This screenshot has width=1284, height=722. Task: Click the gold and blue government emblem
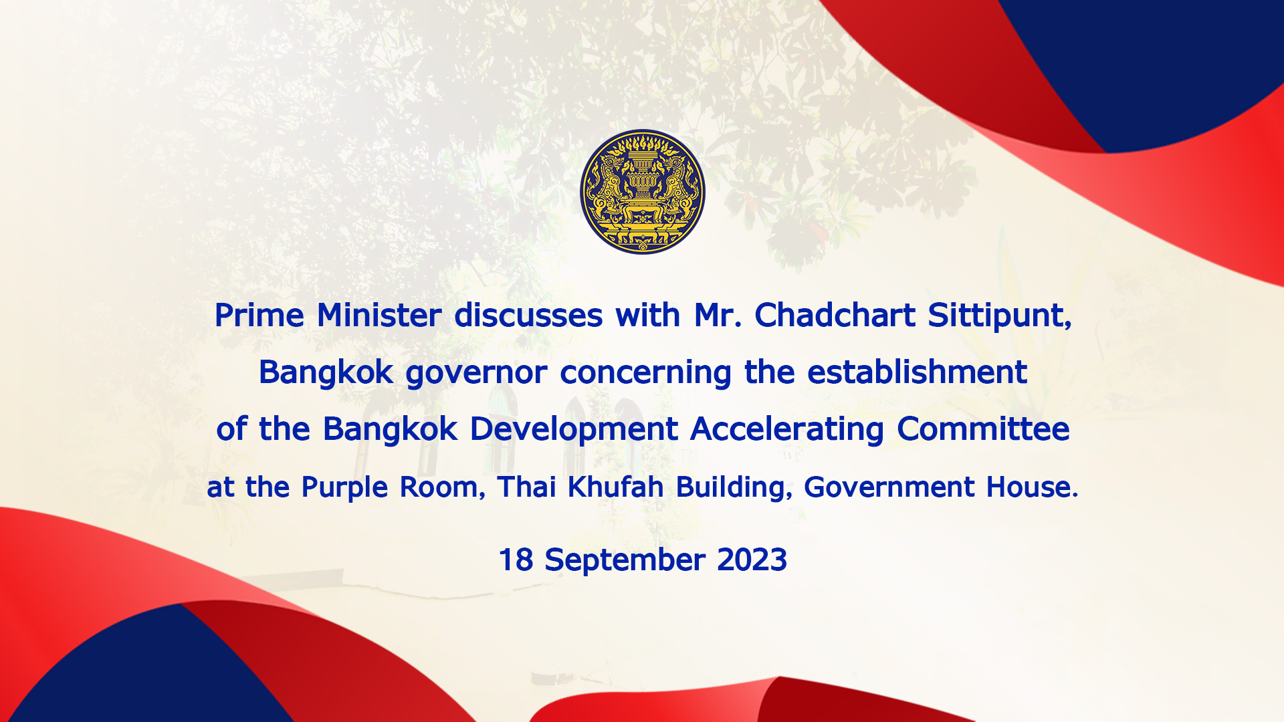tap(642, 192)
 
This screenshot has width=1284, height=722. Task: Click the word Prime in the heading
tap(259, 315)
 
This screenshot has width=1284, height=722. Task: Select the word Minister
tap(379, 315)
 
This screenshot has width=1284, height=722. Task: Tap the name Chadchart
tap(835, 315)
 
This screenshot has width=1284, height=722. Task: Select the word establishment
tap(917, 372)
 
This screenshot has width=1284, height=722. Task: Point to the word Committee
tap(983, 429)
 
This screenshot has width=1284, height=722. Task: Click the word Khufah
tap(615, 487)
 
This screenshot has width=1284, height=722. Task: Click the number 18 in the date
tap(516, 560)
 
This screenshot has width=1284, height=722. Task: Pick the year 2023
tap(752, 560)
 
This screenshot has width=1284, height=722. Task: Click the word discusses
tap(528, 315)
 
